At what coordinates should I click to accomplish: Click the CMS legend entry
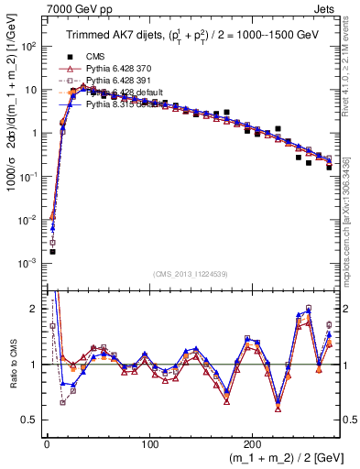(98, 56)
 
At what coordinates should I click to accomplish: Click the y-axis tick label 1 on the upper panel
(32, 133)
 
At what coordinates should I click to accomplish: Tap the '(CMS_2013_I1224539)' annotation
(191, 272)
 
